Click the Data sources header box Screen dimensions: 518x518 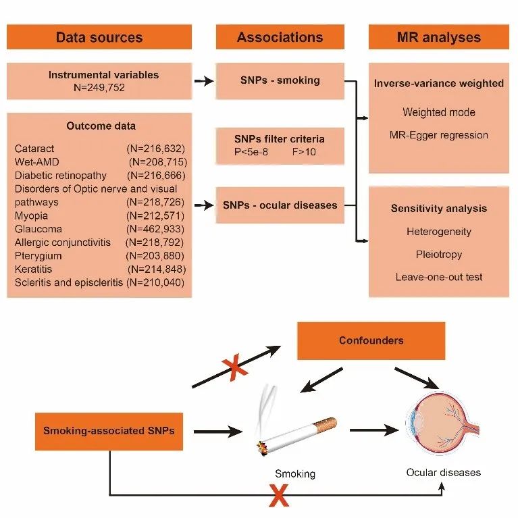[x=99, y=37]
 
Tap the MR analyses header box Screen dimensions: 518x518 [x=439, y=37]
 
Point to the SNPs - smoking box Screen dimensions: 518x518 [x=280, y=80]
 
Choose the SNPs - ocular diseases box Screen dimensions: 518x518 [x=280, y=205]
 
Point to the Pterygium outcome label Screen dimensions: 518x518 [x=37, y=256]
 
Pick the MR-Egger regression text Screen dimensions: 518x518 [x=439, y=134]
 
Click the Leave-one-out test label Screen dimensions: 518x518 [x=439, y=277]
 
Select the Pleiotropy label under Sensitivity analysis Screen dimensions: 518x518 [x=439, y=255]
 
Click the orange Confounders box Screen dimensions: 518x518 [x=371, y=340]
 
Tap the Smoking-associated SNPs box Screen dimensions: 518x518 [x=109, y=430]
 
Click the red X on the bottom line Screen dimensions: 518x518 [x=278, y=496]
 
